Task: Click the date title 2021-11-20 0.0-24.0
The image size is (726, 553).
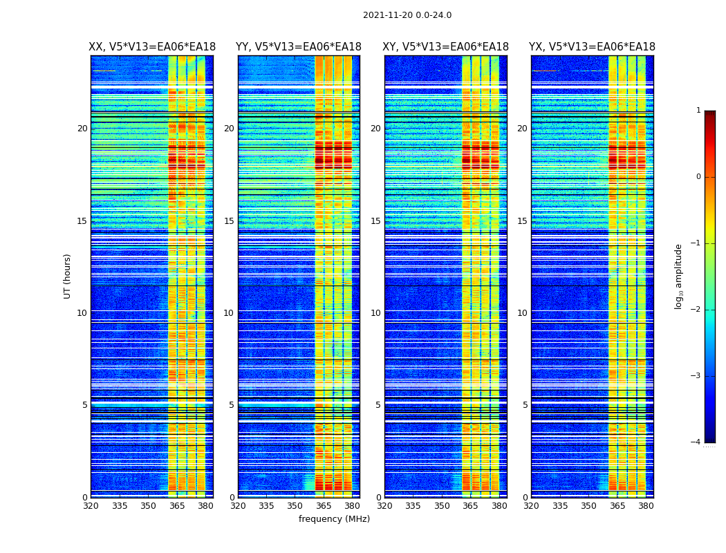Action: tap(407, 15)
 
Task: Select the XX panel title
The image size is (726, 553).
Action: tap(152, 47)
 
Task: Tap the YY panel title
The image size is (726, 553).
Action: tap(299, 47)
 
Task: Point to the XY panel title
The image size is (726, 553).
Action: tap(446, 47)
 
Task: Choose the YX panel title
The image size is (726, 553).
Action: tap(592, 47)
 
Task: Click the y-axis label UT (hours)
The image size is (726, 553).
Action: tap(68, 276)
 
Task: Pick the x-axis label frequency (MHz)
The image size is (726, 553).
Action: tap(334, 519)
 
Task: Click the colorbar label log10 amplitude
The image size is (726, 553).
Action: tap(679, 276)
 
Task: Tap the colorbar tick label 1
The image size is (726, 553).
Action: tap(698, 111)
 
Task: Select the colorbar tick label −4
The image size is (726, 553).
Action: tap(697, 442)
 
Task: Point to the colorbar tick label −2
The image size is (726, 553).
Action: tap(697, 310)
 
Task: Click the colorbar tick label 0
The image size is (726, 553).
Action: tap(698, 177)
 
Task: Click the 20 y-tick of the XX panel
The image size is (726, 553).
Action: tap(82, 129)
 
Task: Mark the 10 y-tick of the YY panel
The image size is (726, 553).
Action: tap(229, 313)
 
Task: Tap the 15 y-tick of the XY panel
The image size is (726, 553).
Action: tap(375, 221)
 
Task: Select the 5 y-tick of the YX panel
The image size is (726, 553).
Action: tap(525, 405)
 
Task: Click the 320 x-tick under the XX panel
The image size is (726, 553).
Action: tap(91, 506)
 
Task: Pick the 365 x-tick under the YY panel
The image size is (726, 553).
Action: tap(324, 506)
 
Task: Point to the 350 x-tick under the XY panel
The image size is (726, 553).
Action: tap(442, 506)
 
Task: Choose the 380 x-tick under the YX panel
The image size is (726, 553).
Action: tap(646, 506)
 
